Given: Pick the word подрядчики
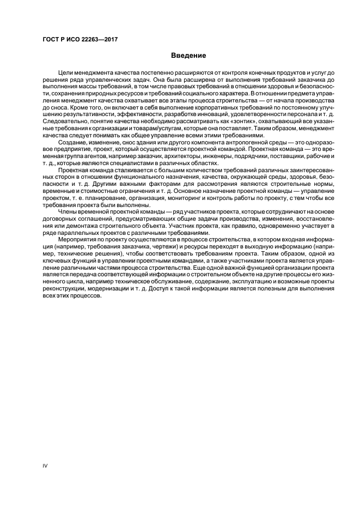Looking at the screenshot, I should click(x=235, y=156).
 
